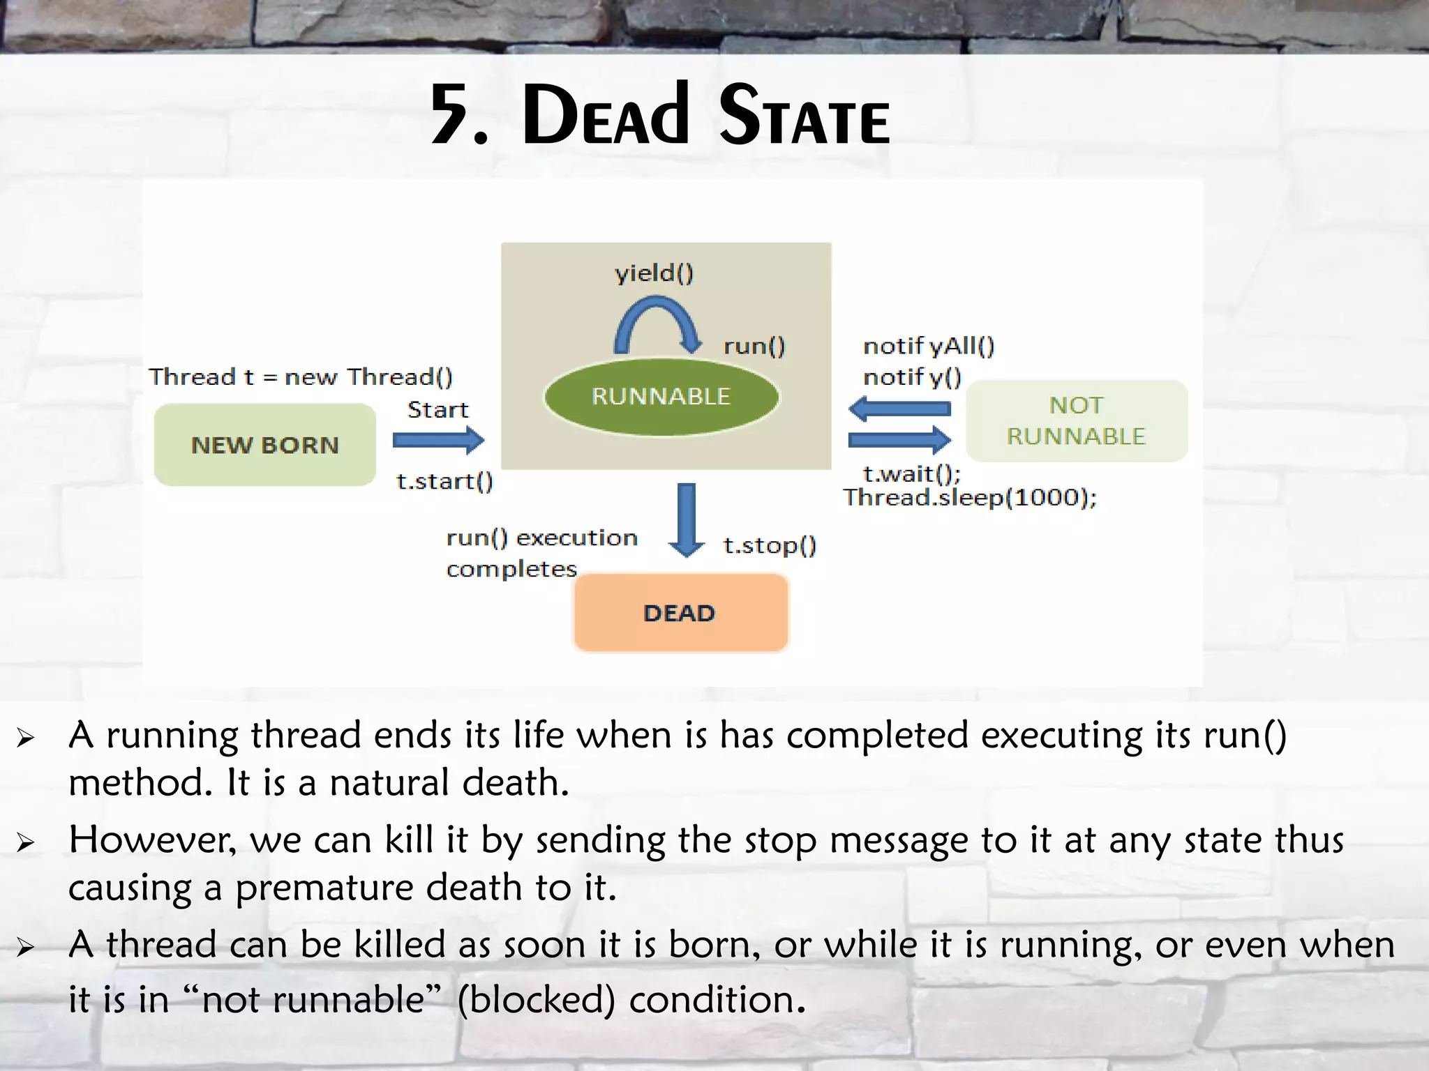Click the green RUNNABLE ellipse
pos(661,397)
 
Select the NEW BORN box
pos(264,445)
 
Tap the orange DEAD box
pos(680,613)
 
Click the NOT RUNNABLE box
pos(1076,420)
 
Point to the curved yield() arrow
pos(657,321)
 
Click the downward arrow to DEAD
pos(687,519)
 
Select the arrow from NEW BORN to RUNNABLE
pos(438,440)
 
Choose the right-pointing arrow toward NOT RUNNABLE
pos(900,440)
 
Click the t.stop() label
pos(770,545)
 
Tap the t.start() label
pos(444,481)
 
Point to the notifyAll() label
pos(929,346)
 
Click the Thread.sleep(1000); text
pos(970,498)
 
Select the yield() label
pos(654,273)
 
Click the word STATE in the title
pos(805,115)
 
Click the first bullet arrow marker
pos(26,738)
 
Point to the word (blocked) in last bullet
pos(536,1000)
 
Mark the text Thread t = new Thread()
pos(301,377)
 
